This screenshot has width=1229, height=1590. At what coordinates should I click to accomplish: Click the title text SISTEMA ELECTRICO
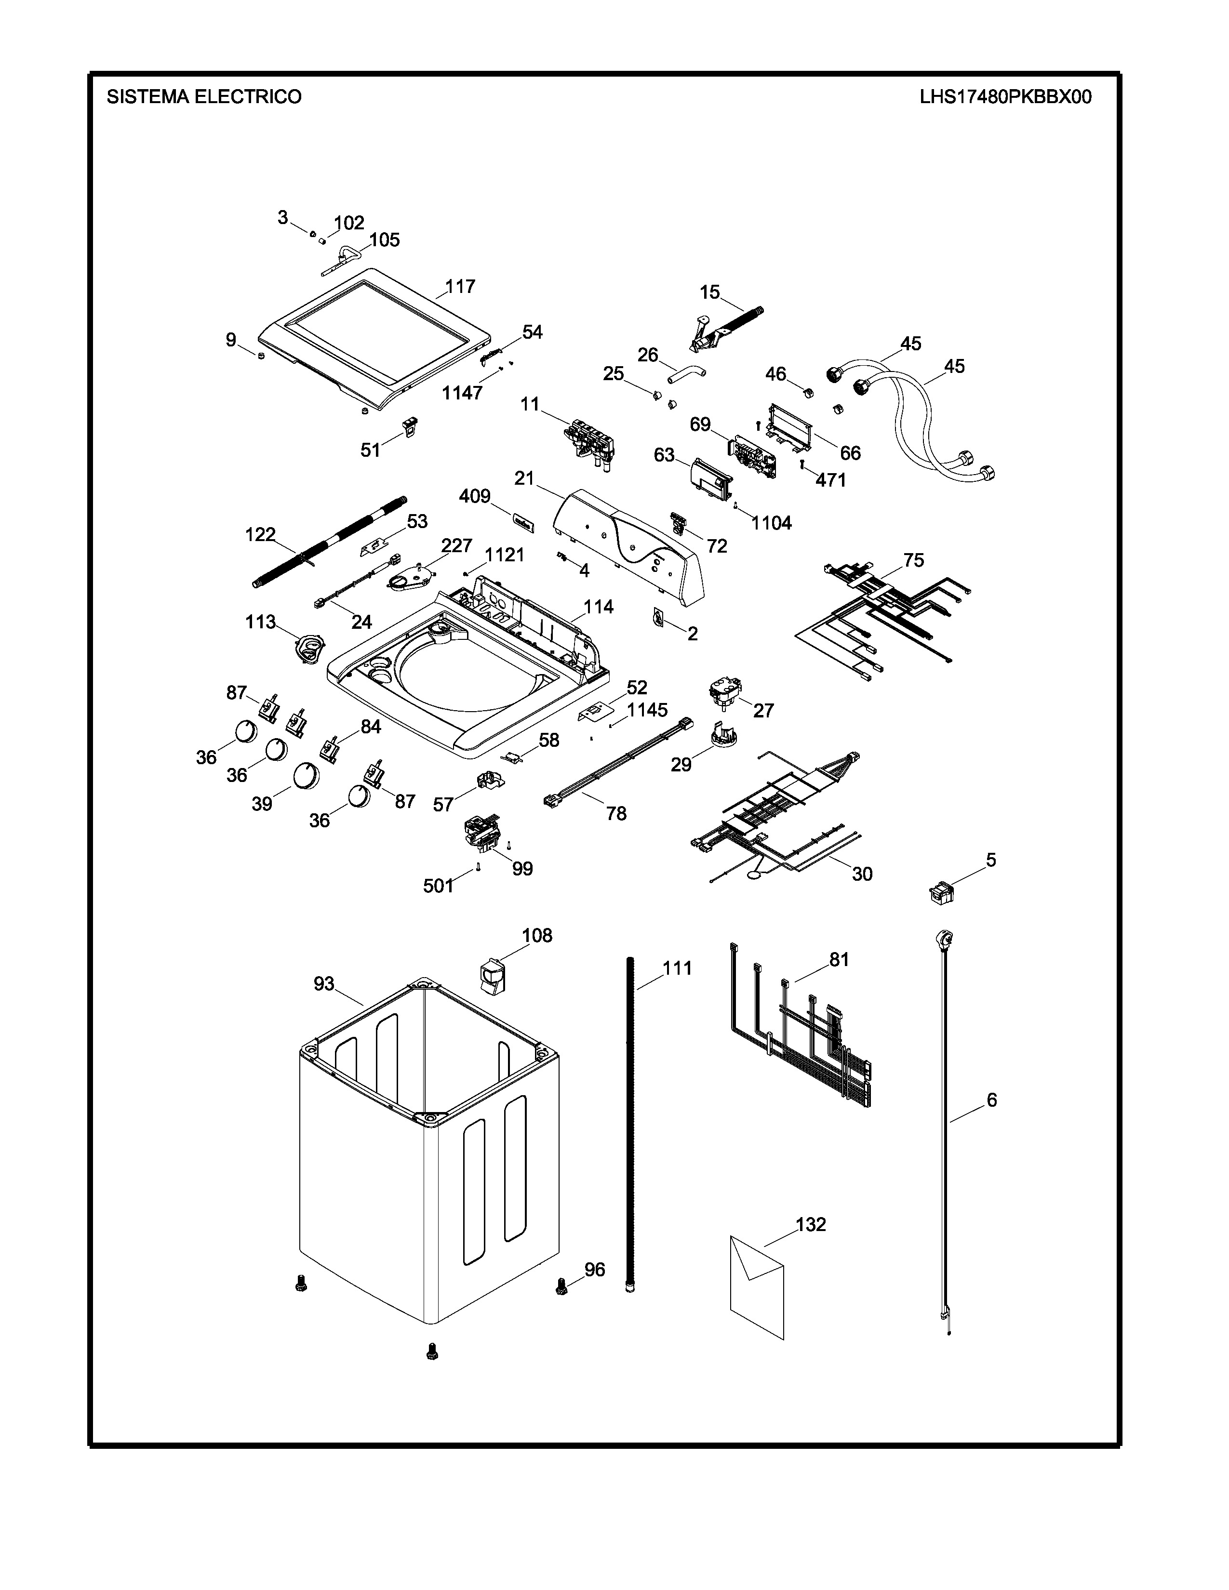(x=204, y=97)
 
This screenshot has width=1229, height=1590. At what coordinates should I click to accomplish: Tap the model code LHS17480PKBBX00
(x=1005, y=97)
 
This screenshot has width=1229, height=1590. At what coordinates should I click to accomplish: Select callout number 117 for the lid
(x=460, y=286)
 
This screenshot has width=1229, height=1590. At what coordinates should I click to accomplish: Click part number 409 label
(x=475, y=496)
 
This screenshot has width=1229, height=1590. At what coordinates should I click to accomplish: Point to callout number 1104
(x=771, y=523)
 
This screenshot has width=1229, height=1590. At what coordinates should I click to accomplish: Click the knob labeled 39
(x=306, y=776)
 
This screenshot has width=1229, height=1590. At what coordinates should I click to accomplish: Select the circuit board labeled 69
(x=754, y=454)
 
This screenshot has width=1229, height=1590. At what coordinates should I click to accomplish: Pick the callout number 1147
(x=462, y=393)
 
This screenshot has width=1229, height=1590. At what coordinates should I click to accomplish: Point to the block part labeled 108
(x=492, y=974)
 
